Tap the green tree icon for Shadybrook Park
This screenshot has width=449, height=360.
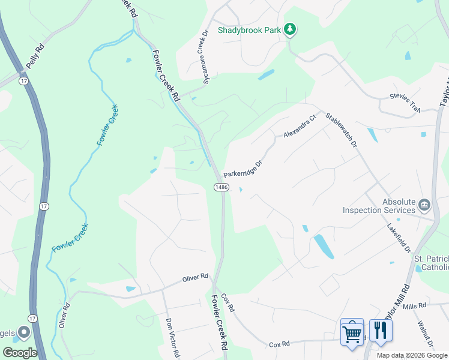tap(291, 28)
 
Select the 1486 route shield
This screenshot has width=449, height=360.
tap(221, 187)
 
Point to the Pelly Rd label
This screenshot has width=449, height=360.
tap(35, 55)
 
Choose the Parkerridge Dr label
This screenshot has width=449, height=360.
tap(243, 169)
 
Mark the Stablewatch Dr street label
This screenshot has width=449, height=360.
tap(341, 128)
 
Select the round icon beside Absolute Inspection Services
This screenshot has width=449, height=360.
tap(424, 205)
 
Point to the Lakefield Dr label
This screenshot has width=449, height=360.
tap(399, 236)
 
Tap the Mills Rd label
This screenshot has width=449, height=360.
tap(414, 307)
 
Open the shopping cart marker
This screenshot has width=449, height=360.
tap(352, 332)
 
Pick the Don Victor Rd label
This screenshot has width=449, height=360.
tap(172, 338)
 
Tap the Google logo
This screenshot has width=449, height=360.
tap(20, 352)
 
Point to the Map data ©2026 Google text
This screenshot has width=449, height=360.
tap(412, 355)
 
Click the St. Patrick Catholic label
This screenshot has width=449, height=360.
tap(431, 263)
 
